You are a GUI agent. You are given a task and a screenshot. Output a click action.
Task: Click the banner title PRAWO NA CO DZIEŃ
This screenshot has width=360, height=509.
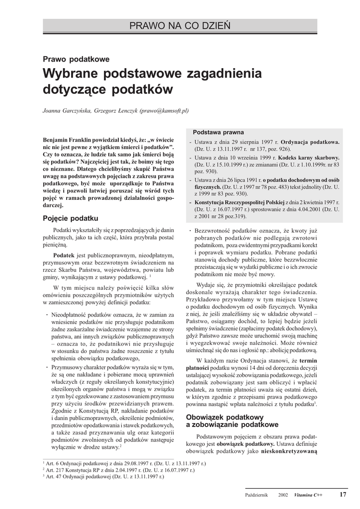pyautogui.click(x=180, y=25)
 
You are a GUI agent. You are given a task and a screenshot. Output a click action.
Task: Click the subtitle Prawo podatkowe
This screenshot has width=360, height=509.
pyautogui.click(x=76, y=59)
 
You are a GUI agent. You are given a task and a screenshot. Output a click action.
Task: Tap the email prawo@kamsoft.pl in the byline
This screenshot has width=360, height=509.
pyautogui.click(x=165, y=111)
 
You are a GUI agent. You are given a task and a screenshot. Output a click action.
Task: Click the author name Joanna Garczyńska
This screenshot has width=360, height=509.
pyautogui.click(x=67, y=111)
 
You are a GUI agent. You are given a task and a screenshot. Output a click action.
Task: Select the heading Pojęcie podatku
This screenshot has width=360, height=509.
pyautogui.click(x=71, y=219)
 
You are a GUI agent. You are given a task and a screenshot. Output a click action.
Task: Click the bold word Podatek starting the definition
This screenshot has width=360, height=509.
pyautogui.click(x=64, y=254)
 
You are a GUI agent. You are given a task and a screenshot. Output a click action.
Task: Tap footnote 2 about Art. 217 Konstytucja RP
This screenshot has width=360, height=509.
pyautogui.click(x=120, y=469)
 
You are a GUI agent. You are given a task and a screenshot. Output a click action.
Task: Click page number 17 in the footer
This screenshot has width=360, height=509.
pyautogui.click(x=343, y=495)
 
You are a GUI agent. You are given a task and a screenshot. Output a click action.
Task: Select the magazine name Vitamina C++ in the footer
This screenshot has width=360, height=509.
pyautogui.click(x=308, y=495)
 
